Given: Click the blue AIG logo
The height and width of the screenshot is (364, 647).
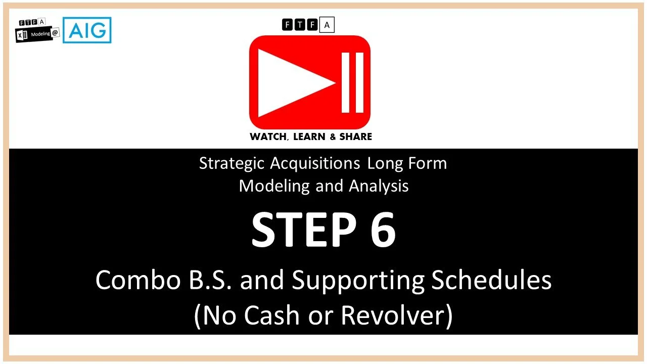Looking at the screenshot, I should pyautogui.click(x=87, y=30).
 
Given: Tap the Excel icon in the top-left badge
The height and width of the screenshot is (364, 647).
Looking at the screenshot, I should pyautogui.click(x=23, y=37).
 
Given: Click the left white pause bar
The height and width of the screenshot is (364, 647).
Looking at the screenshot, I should pyautogui.click(x=346, y=82).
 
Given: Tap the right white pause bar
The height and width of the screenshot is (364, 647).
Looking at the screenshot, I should pyautogui.click(x=360, y=82).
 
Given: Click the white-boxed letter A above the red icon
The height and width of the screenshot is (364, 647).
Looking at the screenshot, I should pyautogui.click(x=327, y=24).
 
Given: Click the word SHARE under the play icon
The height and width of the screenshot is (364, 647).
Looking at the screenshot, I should pyautogui.click(x=355, y=136).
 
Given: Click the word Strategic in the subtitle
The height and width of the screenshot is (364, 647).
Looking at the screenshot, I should pyautogui.click(x=231, y=164).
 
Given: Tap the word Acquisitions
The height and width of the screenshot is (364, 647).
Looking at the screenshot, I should pyautogui.click(x=315, y=164).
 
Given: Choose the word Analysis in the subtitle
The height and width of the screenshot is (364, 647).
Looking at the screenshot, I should pyautogui.click(x=379, y=186).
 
